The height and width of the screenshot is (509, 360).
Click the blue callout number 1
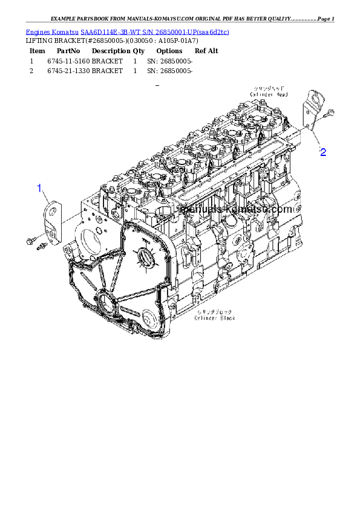[40, 188]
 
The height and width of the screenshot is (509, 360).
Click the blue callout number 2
[323, 152]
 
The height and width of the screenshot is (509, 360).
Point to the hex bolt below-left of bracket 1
[30, 242]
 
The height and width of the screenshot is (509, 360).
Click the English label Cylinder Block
[215, 317]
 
